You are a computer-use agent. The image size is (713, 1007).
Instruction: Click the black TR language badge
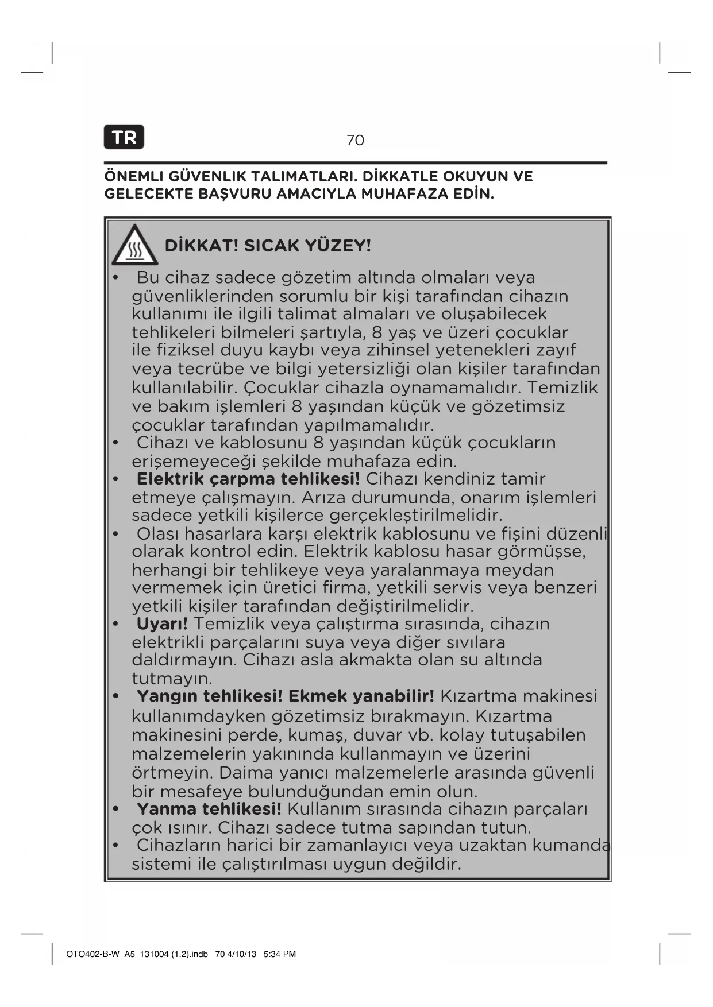124,137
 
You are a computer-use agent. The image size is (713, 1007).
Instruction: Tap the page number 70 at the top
355,140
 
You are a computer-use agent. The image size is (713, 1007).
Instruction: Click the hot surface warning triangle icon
134,245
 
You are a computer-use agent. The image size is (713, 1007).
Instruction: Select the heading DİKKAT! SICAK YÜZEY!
268,246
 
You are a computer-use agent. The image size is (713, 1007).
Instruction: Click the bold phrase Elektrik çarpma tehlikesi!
248,479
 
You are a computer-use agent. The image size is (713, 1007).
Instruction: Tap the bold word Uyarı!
162,623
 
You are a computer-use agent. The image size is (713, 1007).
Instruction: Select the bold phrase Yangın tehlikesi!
210,696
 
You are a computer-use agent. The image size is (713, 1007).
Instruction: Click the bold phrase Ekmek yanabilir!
361,696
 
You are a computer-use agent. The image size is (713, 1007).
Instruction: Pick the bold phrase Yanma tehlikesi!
209,809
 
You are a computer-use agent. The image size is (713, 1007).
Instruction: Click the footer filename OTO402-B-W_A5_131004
117,954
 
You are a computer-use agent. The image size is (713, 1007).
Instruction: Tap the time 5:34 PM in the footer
280,954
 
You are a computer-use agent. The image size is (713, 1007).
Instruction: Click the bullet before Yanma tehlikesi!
115,810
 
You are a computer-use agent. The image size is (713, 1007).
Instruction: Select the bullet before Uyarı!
115,624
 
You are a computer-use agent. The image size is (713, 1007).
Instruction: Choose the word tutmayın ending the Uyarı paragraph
172,679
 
